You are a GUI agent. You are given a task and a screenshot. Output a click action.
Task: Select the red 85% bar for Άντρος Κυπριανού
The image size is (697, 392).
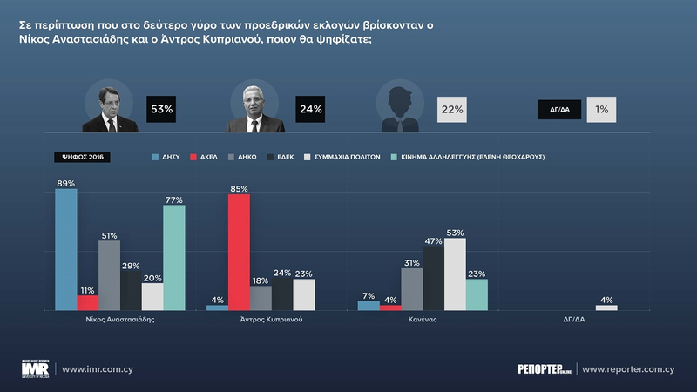239,253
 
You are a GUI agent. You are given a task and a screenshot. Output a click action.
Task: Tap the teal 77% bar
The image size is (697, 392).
173,258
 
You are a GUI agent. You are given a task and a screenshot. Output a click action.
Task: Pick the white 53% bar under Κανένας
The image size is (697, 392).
455,274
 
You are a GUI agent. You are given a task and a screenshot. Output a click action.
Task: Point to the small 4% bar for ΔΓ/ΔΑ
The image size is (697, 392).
606,308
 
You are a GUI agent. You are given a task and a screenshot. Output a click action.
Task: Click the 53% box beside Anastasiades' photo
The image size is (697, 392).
162,109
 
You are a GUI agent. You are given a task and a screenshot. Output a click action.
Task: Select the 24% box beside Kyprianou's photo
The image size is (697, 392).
310,109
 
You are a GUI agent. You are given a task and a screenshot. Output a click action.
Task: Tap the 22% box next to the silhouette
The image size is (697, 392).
452,109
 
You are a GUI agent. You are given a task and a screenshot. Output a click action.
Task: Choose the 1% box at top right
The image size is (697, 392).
601,109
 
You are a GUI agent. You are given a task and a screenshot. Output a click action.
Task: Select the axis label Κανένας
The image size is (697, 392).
423,320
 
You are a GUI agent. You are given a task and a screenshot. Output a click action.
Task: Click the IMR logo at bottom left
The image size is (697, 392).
36,368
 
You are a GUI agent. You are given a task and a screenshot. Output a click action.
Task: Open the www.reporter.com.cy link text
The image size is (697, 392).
628,369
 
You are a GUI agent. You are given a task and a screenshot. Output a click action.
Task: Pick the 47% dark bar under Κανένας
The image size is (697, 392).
433,279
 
